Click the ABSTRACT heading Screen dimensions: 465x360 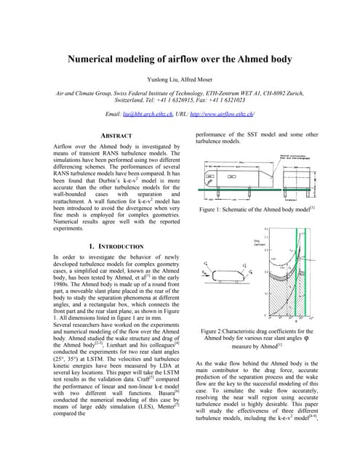pos(119,136)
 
